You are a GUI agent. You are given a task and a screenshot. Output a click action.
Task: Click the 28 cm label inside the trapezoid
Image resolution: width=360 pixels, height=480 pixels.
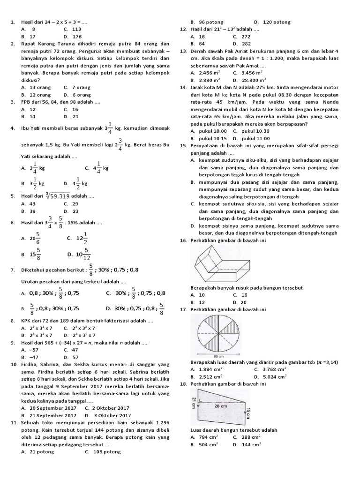click(221, 406)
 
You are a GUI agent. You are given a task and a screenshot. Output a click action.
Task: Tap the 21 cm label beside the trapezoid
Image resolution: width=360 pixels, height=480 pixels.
click(193, 402)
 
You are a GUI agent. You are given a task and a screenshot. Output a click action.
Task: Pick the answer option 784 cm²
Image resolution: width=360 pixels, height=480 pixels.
click(204, 437)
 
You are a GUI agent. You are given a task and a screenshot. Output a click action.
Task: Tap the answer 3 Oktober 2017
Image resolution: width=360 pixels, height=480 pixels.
click(107, 415)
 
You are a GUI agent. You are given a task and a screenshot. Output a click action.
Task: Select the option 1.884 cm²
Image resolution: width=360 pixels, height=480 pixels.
click(206, 369)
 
